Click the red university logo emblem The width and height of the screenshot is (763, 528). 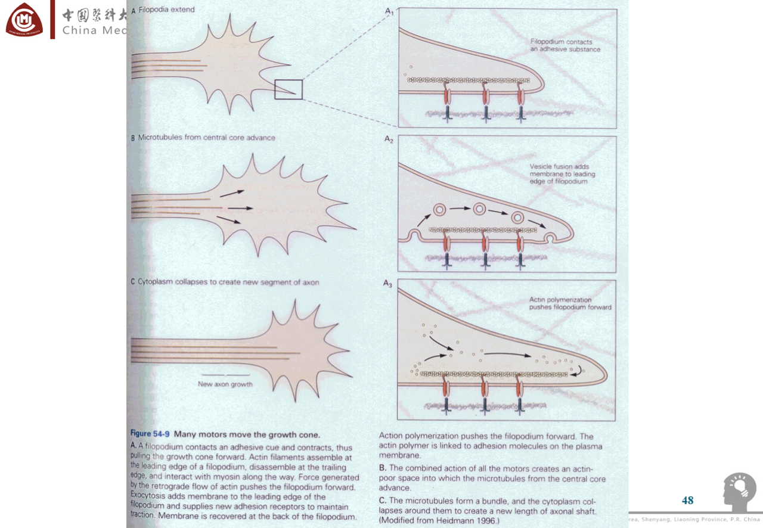click(24, 20)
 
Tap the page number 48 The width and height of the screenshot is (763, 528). click(687, 501)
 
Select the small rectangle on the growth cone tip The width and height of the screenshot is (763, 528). click(289, 89)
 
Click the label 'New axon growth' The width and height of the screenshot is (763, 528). click(225, 384)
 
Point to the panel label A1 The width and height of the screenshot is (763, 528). click(389, 11)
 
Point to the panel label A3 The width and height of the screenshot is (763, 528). click(388, 284)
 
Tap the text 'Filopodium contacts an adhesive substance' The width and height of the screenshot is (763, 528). click(565, 45)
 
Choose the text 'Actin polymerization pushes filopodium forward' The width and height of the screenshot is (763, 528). click(570, 304)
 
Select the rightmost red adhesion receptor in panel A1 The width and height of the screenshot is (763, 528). click(521, 95)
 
